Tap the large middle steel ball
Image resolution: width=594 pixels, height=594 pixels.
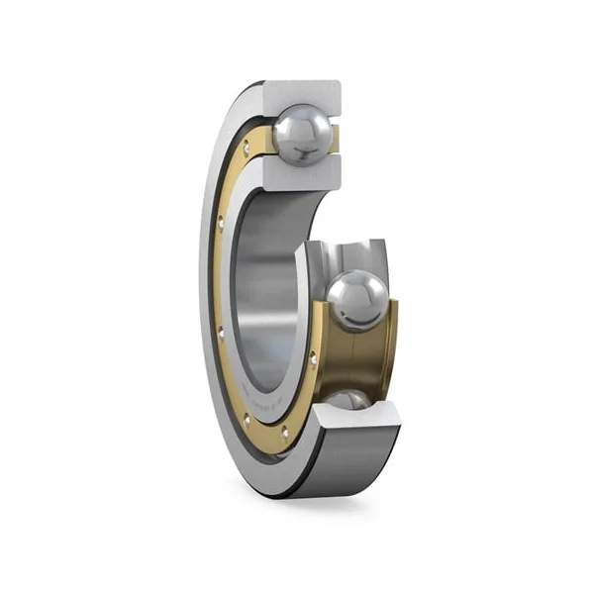pos(357,301)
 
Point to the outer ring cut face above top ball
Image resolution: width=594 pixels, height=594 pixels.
pos(302,93)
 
